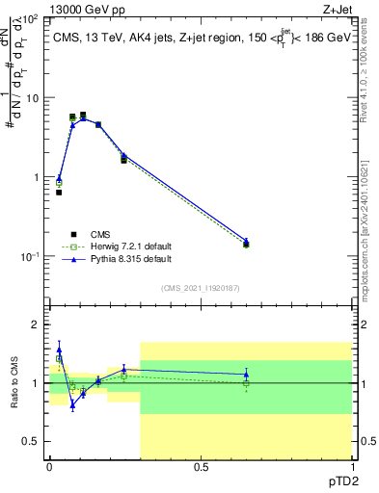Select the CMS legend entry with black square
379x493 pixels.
pos(101,234)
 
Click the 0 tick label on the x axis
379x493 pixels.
pos(49,467)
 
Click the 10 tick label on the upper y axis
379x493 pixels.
pos(33,98)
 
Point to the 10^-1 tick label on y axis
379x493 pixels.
pos(31,257)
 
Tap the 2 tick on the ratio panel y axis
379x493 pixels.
pos(38,325)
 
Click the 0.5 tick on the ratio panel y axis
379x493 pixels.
pos(32,441)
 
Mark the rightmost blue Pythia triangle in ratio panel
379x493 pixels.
pos(245,374)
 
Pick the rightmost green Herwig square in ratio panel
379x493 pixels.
pos(245,382)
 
